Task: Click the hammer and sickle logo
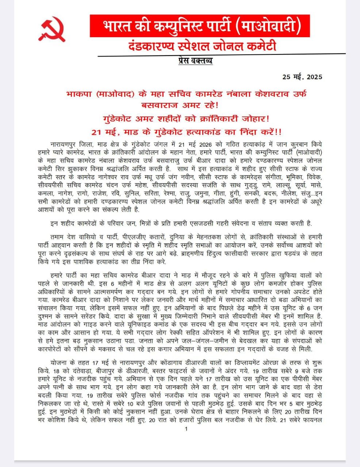(x=52, y=29)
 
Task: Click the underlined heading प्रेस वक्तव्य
(x=195, y=61)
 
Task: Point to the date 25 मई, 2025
(x=302, y=77)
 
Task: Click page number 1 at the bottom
(x=186, y=429)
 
